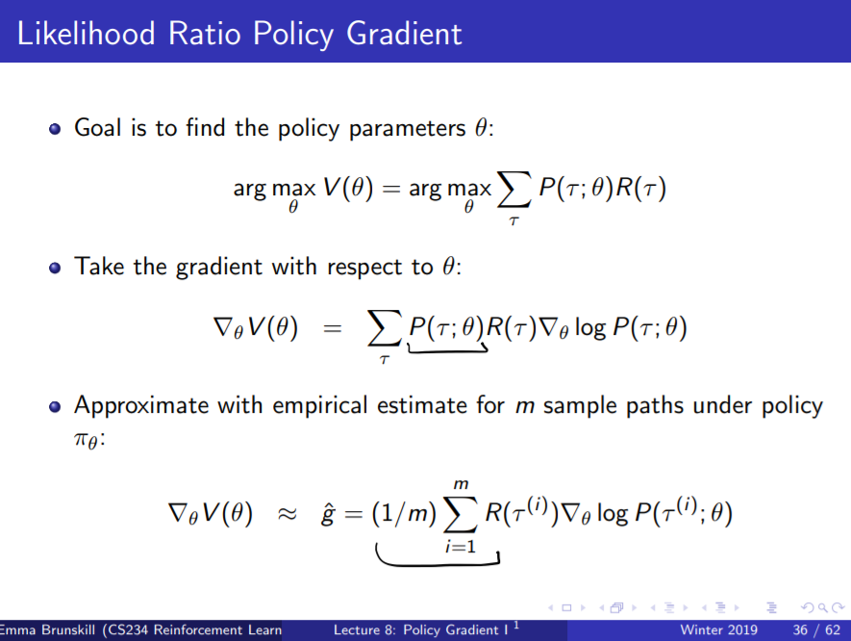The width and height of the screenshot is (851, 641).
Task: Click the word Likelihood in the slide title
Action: (85, 33)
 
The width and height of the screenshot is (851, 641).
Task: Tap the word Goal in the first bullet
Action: (98, 127)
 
